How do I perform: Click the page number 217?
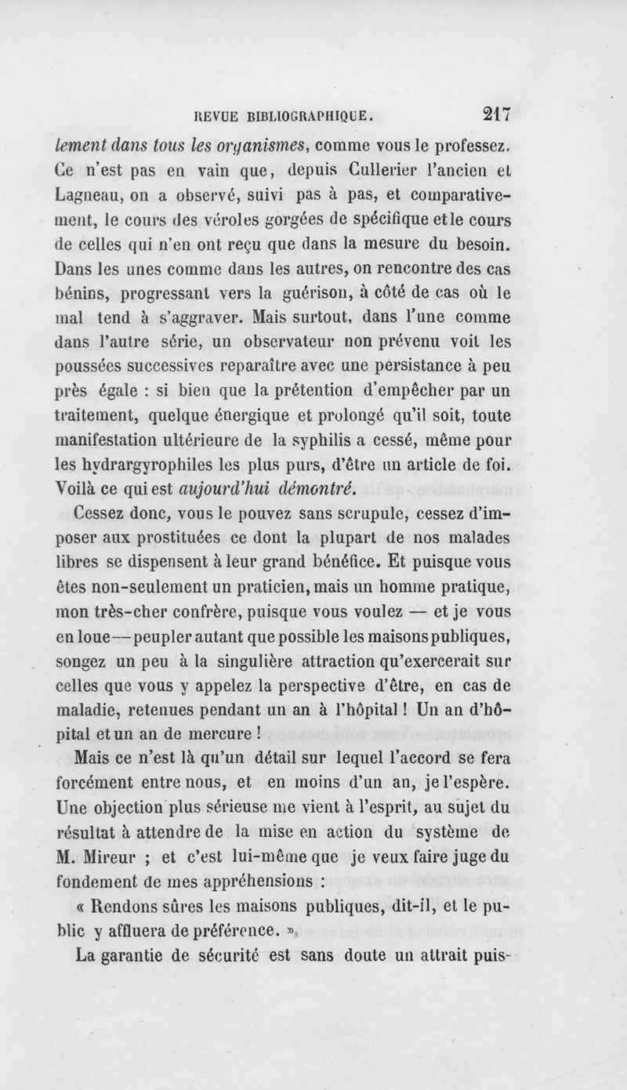pyautogui.click(x=496, y=115)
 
